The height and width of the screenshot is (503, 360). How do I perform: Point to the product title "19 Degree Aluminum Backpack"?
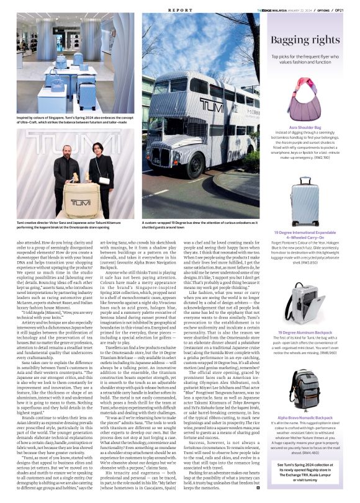pyautogui.click(x=304, y=332)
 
